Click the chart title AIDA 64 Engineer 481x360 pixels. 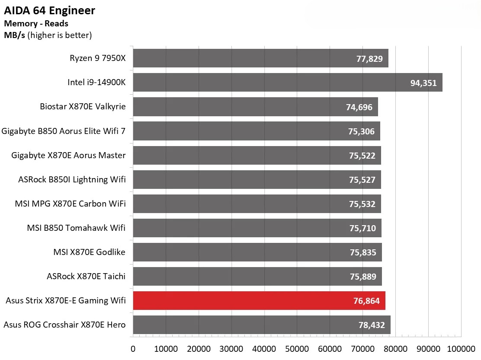coord(50,10)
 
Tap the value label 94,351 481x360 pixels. coord(423,83)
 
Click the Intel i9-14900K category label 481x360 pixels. coord(96,82)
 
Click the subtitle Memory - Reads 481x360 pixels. coord(36,24)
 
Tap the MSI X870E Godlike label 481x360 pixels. coord(90,252)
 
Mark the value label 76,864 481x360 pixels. coord(366,301)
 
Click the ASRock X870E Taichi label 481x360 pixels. coord(86,276)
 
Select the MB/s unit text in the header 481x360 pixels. coord(15,35)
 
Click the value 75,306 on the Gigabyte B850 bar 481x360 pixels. coord(361,131)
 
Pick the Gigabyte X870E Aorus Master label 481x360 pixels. coord(68,155)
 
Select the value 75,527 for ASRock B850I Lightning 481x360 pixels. coord(362,179)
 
